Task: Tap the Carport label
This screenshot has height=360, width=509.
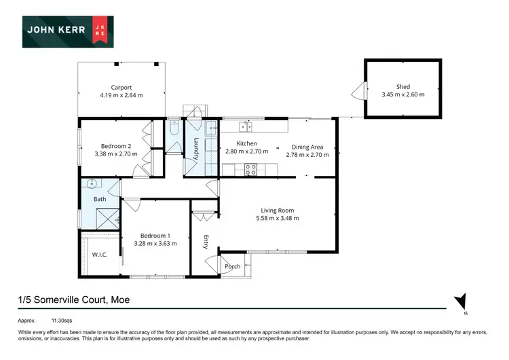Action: tap(121, 87)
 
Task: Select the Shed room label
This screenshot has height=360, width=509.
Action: tap(404, 87)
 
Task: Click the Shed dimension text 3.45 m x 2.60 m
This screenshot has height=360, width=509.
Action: tap(404, 94)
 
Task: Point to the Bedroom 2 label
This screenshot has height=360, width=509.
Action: tap(116, 146)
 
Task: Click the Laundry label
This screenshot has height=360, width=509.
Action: tap(195, 149)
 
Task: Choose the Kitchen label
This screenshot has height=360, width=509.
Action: tap(246, 144)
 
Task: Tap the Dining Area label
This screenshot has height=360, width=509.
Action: tap(307, 147)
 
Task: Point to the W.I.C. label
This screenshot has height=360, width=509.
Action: tap(100, 255)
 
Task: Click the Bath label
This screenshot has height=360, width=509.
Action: tap(99, 199)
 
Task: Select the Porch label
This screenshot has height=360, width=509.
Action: tap(233, 266)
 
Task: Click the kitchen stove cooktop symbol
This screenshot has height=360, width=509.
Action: tap(250, 170)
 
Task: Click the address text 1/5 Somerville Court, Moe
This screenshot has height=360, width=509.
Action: tap(74, 300)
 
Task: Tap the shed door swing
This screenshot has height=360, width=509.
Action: tap(357, 89)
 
